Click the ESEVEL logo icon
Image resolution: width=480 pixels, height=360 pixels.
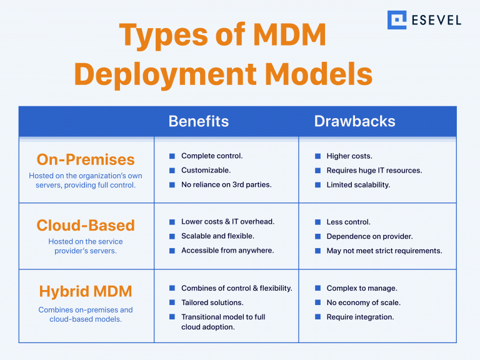pyautogui.click(x=397, y=19)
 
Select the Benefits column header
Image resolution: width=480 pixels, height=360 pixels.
pyautogui.click(x=199, y=121)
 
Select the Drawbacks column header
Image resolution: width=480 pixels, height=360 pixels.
pyautogui.click(x=354, y=121)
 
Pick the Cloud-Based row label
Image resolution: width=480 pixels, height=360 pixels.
pyautogui.click(x=86, y=225)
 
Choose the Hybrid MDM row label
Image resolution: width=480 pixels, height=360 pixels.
pyautogui.click(x=86, y=291)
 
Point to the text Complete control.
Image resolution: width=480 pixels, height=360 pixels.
pyautogui.click(x=212, y=156)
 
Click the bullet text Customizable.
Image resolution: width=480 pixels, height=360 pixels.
pyautogui.click(x=206, y=170)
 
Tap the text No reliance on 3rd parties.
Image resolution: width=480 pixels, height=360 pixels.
pyautogui.click(x=226, y=184)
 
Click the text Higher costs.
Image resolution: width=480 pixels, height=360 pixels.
pyautogui.click(x=349, y=156)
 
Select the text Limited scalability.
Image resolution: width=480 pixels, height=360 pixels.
pyautogui.click(x=358, y=184)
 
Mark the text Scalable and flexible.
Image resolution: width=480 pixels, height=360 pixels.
pyautogui.click(x=217, y=236)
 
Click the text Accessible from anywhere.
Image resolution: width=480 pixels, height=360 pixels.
pyautogui.click(x=227, y=251)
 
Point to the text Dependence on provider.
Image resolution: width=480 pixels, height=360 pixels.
pyautogui.click(x=369, y=236)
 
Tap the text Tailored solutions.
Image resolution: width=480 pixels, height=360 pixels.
pyautogui.click(x=212, y=302)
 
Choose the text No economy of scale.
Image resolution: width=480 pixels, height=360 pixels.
pyautogui.click(x=363, y=302)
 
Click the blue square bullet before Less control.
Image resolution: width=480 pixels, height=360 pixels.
pyautogui.click(x=317, y=222)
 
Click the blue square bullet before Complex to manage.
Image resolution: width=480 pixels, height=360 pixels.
pyautogui.click(x=317, y=288)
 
